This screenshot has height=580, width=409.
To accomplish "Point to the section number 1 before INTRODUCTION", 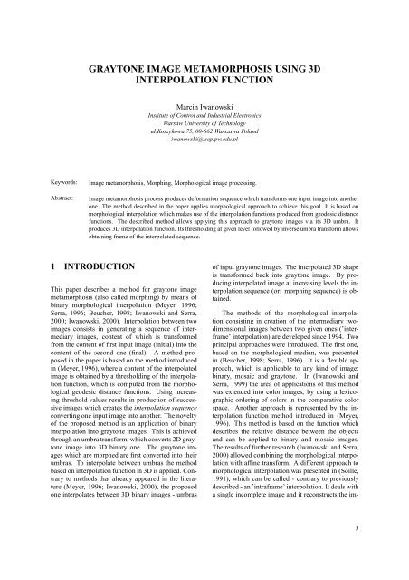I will click(27, 294).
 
